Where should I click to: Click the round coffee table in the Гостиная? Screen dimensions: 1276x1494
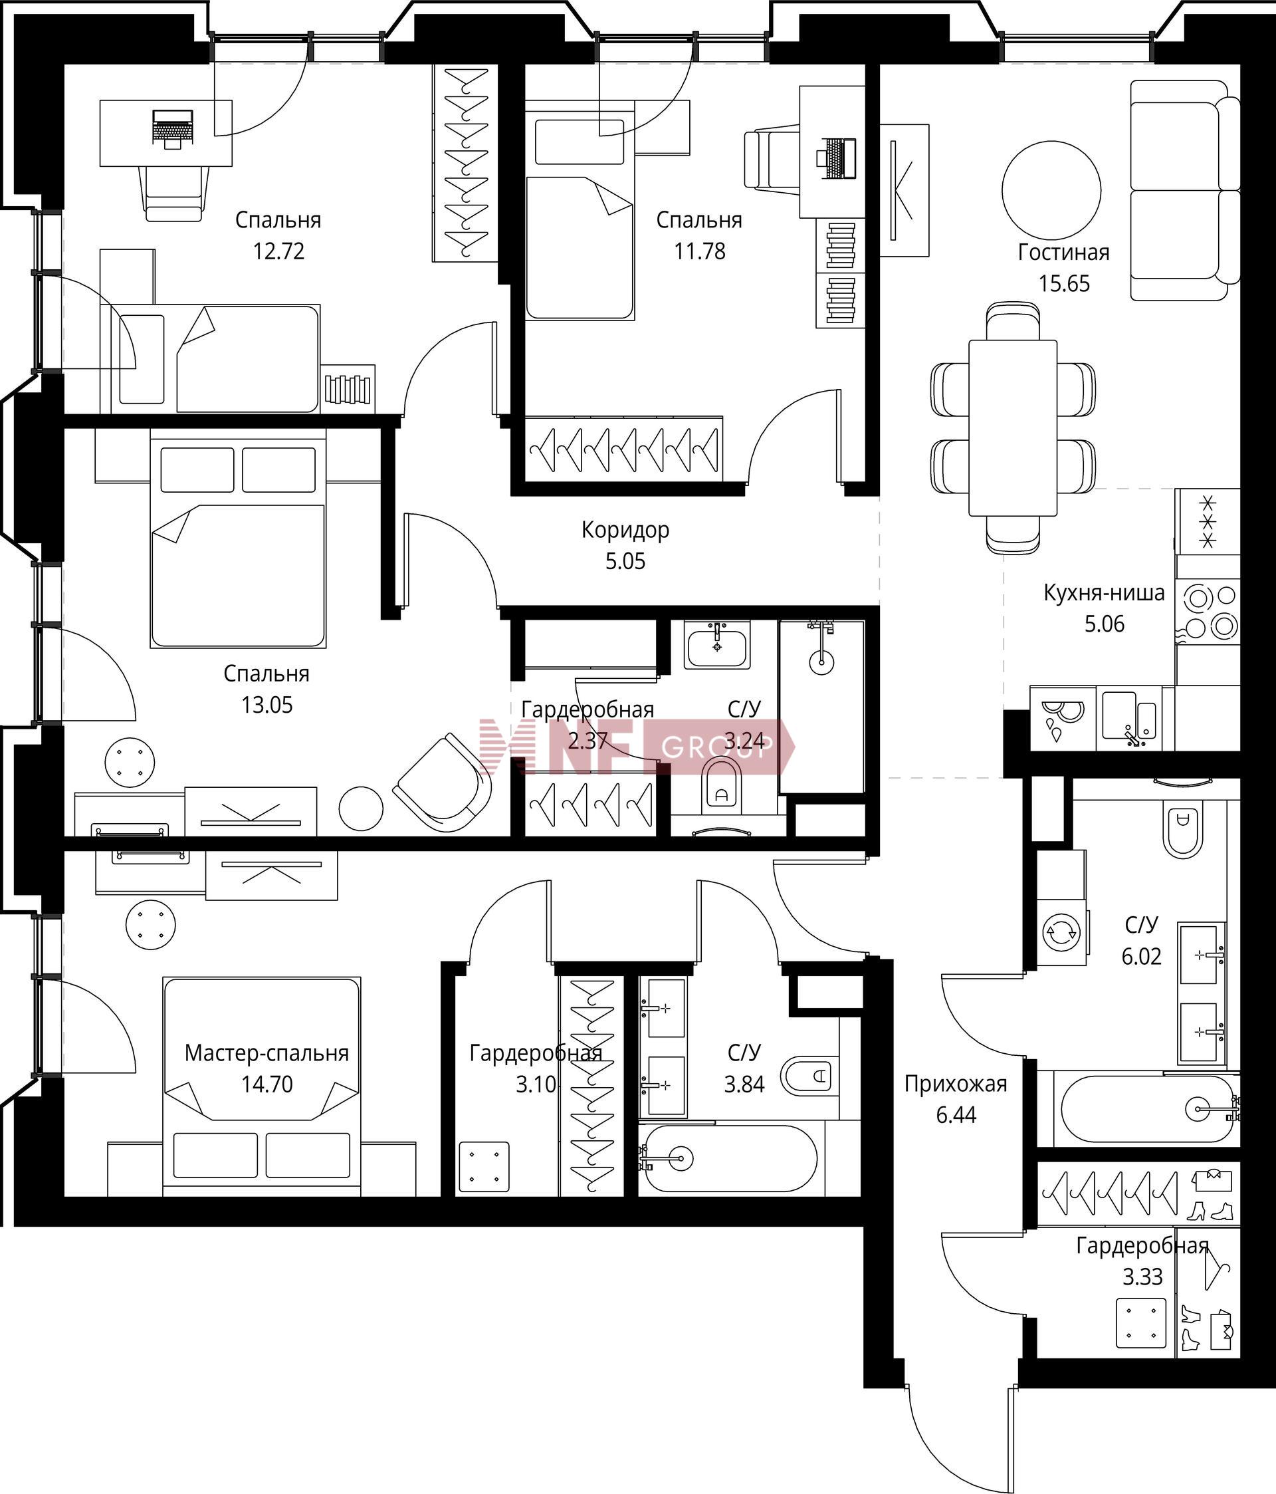click(1051, 190)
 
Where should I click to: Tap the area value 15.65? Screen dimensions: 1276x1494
click(1064, 283)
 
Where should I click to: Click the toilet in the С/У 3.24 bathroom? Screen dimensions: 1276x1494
click(722, 782)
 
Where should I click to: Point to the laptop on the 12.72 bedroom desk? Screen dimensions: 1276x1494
click(172, 128)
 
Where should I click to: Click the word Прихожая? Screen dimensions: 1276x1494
click(956, 1084)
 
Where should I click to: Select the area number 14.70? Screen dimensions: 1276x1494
click(266, 1084)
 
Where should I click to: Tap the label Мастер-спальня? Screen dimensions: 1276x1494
click(266, 1053)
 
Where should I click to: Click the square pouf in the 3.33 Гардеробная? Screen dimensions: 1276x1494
click(1140, 1323)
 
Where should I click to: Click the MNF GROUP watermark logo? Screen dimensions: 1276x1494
click(638, 746)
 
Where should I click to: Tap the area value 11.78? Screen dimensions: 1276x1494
click(699, 251)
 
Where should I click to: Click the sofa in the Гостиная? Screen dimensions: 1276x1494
click(1184, 189)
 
